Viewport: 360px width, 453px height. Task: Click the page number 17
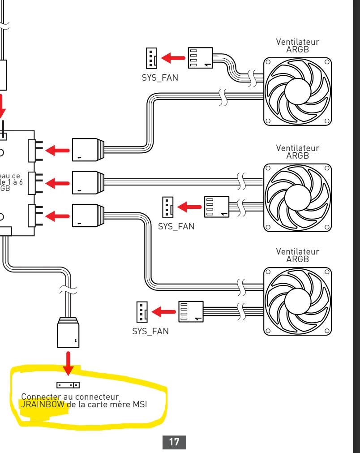pos(174,442)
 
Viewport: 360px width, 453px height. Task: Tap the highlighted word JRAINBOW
pos(43,405)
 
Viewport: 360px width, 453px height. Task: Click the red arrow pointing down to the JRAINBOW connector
pos(68,363)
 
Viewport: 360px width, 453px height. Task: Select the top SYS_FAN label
pos(160,78)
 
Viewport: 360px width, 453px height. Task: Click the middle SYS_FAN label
pos(176,226)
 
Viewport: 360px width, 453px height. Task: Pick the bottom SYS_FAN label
pos(150,332)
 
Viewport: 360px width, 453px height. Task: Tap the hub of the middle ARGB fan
pos(297,197)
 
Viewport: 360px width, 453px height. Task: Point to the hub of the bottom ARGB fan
pos(297,301)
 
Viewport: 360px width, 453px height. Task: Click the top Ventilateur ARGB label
pos(298,46)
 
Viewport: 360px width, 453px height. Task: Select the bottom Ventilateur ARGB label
pos(298,255)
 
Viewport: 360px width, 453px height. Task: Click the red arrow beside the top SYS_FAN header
pos(173,58)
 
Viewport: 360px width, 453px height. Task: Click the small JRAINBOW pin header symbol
pos(68,385)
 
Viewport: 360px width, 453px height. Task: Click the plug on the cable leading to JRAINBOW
pos(68,332)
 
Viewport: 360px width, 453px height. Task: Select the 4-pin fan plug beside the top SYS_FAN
pos(200,58)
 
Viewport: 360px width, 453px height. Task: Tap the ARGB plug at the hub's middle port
pos(88,182)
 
